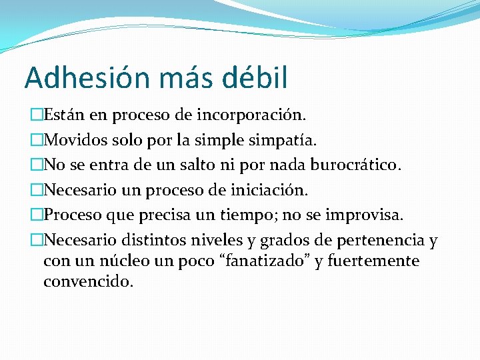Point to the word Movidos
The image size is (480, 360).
[x=73, y=141]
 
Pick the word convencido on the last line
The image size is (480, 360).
[x=87, y=281]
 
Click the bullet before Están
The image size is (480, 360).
[x=37, y=115]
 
